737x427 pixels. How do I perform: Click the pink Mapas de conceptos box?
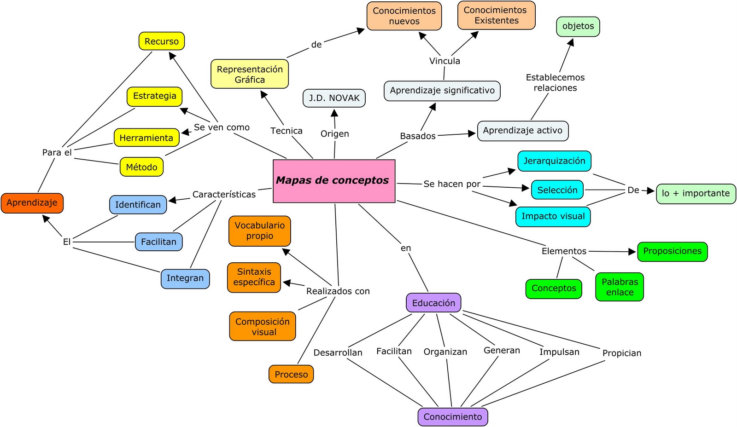[x=334, y=181]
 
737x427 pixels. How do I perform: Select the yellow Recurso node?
[x=162, y=41]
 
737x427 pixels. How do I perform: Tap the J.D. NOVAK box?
[x=334, y=98]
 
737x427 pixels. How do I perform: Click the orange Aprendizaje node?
[x=32, y=203]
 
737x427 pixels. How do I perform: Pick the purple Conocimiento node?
[x=452, y=417]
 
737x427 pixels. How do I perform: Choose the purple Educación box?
[x=433, y=303]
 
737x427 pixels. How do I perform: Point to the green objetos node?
[x=578, y=26]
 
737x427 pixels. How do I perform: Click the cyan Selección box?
[x=557, y=190]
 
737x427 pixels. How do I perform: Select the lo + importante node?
[x=696, y=193]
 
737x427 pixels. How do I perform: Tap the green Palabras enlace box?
[x=620, y=287]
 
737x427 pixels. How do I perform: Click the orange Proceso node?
[x=291, y=375]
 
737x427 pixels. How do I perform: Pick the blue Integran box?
[x=185, y=278]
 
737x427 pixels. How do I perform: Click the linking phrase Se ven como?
[x=222, y=127]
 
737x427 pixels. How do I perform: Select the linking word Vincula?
[x=445, y=61]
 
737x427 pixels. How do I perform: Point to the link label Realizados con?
[x=338, y=291]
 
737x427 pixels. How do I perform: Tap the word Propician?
[x=621, y=353]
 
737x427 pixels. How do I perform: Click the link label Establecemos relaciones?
[x=555, y=82]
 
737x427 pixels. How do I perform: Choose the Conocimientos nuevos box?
[x=404, y=16]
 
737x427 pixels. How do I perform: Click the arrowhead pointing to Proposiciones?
[x=632, y=252]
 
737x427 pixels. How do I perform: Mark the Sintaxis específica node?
[x=254, y=277]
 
